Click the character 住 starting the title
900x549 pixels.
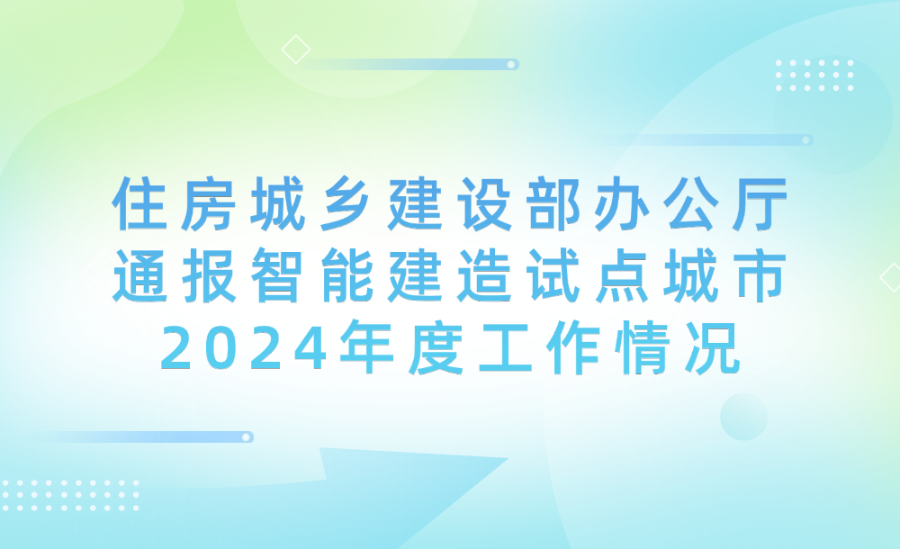(x=140, y=204)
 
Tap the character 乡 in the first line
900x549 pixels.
(x=346, y=204)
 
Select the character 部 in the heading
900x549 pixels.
(x=553, y=204)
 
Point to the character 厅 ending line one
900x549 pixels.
(x=759, y=204)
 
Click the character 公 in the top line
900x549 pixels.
(x=691, y=204)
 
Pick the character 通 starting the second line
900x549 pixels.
(x=140, y=275)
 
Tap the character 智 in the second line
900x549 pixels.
(x=277, y=275)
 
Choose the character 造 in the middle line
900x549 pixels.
(x=484, y=275)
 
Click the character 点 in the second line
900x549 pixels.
(x=622, y=275)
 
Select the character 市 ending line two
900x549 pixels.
(x=759, y=275)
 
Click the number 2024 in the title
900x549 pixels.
(x=243, y=348)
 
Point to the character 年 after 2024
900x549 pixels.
(x=367, y=347)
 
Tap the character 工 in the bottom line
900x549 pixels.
(x=505, y=347)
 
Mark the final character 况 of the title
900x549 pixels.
(x=712, y=347)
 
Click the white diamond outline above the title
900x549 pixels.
(x=296, y=49)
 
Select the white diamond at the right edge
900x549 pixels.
(x=891, y=277)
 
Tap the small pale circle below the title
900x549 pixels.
(x=744, y=417)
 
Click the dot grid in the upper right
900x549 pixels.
(x=814, y=76)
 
